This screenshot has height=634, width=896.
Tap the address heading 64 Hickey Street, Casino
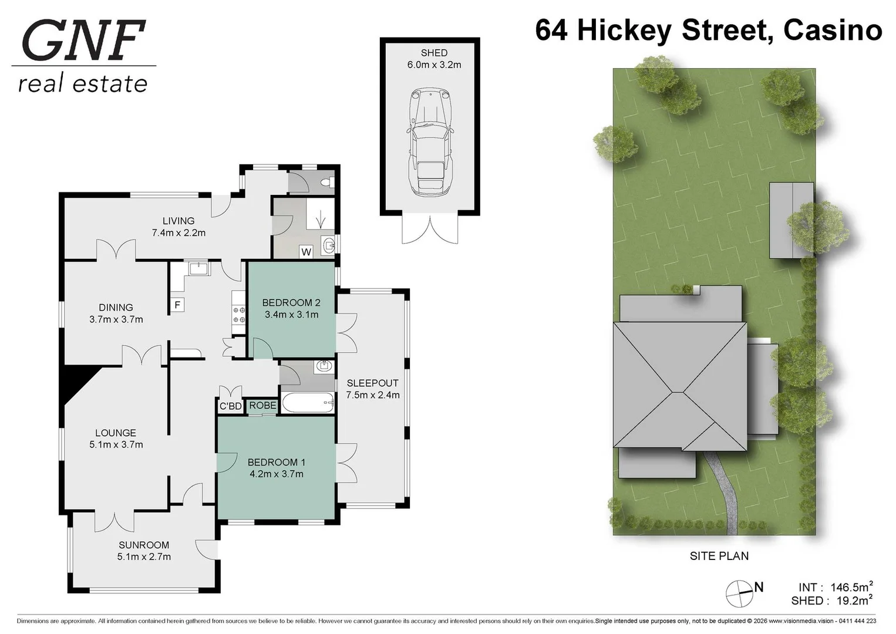point(708,31)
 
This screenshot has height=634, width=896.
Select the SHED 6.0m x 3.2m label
point(434,59)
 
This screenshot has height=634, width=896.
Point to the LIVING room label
point(178,227)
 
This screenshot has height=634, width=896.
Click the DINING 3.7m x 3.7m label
point(116,313)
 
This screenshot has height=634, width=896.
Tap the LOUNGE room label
point(116,439)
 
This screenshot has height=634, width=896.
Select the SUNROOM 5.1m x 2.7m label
point(144,551)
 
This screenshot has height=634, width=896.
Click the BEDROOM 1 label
point(276,468)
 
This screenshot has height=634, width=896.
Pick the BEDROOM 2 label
point(291,308)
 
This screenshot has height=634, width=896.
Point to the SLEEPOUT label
point(372,389)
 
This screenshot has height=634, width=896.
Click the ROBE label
point(262,406)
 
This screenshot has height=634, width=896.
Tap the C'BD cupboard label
point(230,406)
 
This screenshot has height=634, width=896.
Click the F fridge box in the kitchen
point(177,305)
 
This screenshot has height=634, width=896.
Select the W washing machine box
point(306,252)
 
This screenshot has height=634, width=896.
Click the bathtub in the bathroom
point(308,403)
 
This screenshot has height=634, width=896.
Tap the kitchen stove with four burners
point(238,315)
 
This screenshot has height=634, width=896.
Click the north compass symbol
point(740,593)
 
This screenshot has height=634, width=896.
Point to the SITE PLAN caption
point(719,556)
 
